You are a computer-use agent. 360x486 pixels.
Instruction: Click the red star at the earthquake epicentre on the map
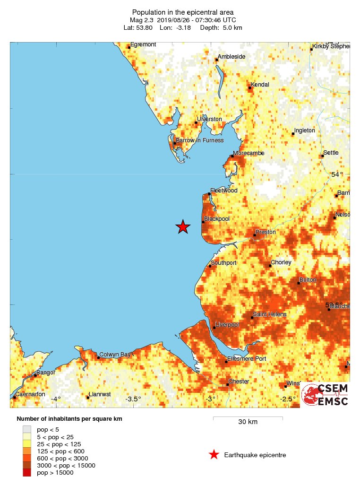pyautogui.click(x=183, y=227)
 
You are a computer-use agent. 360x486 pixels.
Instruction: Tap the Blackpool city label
pyautogui.click(x=216, y=219)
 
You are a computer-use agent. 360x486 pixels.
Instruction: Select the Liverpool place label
pyautogui.click(x=227, y=325)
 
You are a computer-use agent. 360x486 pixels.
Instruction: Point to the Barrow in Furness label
pyautogui.click(x=199, y=140)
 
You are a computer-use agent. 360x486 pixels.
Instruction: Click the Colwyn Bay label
pyautogui.click(x=115, y=355)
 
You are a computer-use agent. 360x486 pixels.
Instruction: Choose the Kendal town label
pyautogui.click(x=260, y=85)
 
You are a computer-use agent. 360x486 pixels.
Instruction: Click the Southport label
pyautogui.click(x=224, y=263)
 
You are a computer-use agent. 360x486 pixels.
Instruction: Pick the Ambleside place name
pyautogui.click(x=231, y=57)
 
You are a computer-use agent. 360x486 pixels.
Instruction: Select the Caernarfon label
pyautogui.click(x=30, y=394)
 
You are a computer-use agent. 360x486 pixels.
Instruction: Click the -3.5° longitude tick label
pyautogui.click(x=133, y=399)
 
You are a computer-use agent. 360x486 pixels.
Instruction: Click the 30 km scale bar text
pyautogui.click(x=248, y=422)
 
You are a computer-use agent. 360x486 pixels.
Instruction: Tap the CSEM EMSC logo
pyautogui.click(x=325, y=394)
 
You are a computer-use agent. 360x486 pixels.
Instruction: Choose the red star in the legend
pyautogui.click(x=214, y=455)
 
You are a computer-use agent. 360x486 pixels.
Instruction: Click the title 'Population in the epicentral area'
pyautogui.click(x=183, y=12)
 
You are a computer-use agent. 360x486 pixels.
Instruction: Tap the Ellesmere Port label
pyautogui.click(x=247, y=359)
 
